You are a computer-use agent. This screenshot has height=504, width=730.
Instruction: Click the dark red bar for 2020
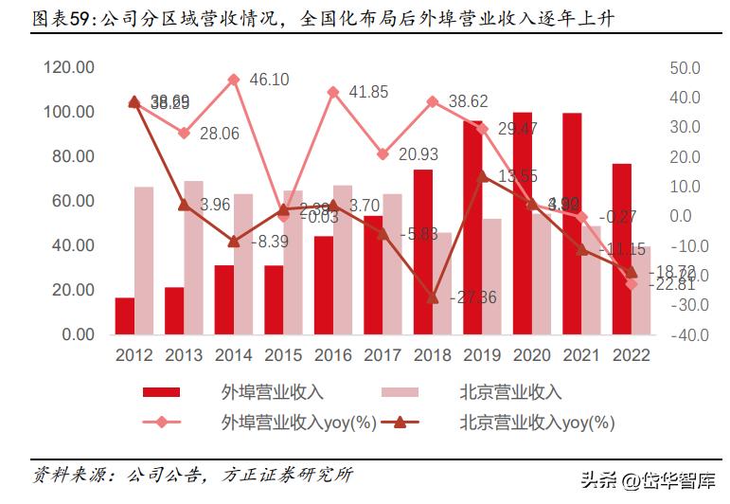(x=523, y=223)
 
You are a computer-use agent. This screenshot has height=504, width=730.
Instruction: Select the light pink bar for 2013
(x=193, y=257)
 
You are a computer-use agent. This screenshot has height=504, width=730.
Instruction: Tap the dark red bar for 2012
(x=125, y=315)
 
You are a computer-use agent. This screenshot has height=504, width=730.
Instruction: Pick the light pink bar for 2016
(x=343, y=259)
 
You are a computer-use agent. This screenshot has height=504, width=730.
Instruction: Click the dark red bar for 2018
(x=422, y=251)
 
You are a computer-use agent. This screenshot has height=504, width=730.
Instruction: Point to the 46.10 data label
(x=270, y=81)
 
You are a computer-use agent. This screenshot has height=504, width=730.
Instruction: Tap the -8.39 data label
(x=268, y=243)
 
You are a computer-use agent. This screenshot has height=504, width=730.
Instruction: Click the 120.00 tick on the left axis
(x=69, y=68)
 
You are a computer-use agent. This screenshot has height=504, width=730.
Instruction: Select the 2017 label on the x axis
(x=383, y=355)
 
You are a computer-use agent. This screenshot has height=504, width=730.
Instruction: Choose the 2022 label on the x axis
(x=632, y=355)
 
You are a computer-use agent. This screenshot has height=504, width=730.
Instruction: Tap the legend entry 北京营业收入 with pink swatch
(x=510, y=392)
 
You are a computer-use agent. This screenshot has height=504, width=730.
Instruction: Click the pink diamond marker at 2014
(x=234, y=80)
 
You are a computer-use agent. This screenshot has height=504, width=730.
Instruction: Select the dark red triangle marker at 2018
(x=433, y=297)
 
